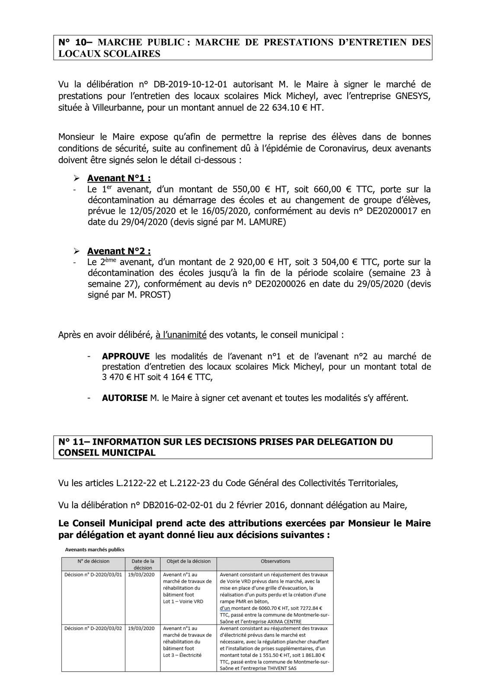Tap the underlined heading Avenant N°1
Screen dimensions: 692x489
point(119,178)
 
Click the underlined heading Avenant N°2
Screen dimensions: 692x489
point(119,251)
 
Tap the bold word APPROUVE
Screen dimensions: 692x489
point(126,356)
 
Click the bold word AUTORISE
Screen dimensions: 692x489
point(125,398)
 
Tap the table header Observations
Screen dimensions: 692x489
point(275,561)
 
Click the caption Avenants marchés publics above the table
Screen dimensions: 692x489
point(94,550)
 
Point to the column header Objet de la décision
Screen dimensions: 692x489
point(189,561)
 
